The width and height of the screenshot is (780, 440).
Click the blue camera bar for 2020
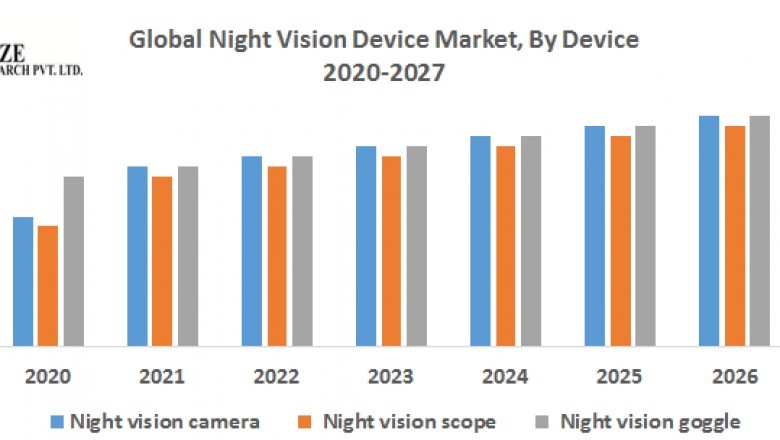click(x=23, y=281)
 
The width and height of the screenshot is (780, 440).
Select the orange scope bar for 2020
click(x=48, y=285)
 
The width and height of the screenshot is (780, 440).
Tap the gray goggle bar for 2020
click(x=74, y=261)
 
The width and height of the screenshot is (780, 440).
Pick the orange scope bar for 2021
click(x=162, y=261)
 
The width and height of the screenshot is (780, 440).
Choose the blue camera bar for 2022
click(x=251, y=251)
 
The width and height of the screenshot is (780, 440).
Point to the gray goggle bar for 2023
click(x=416, y=246)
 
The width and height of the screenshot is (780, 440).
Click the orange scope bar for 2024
click(x=505, y=246)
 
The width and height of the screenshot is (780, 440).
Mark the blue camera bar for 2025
click(x=594, y=236)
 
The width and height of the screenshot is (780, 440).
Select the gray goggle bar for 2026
click(x=760, y=231)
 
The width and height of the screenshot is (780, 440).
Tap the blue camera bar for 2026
click(x=709, y=231)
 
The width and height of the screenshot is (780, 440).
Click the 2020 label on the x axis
click(x=48, y=380)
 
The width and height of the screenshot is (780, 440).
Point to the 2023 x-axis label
click(x=391, y=380)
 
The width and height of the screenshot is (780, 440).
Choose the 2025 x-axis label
click(x=620, y=380)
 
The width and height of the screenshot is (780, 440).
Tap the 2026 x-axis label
click(x=734, y=380)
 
